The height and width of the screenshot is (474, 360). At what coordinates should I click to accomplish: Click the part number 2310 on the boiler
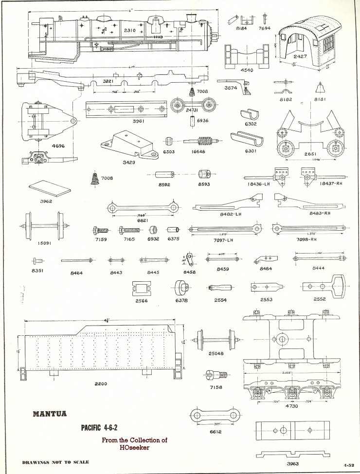click(x=129, y=31)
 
